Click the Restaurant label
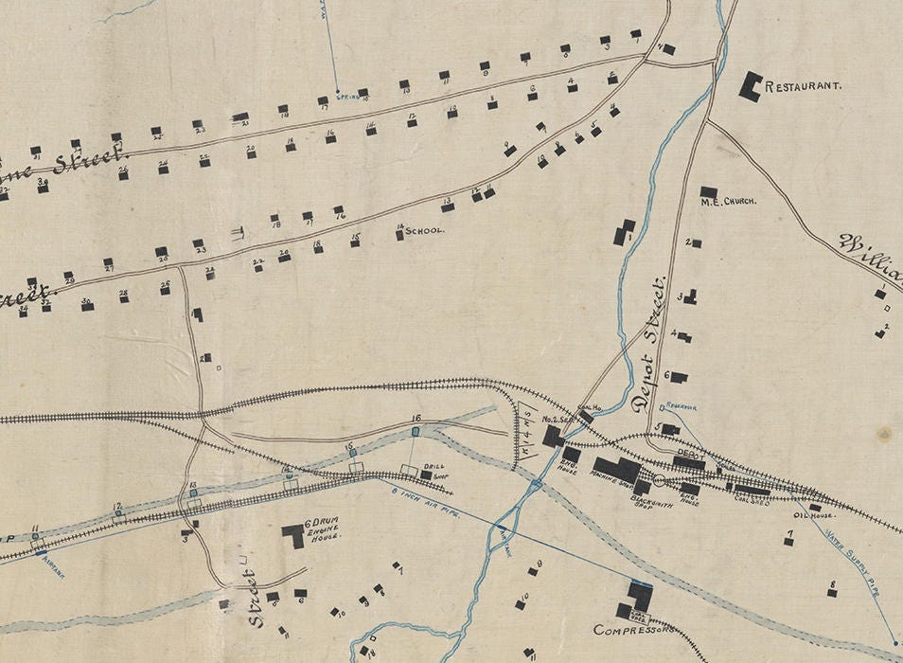[x=803, y=86]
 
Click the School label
[x=424, y=230]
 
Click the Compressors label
[x=625, y=630]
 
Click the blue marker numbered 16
[x=416, y=432]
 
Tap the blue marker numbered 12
[x=118, y=516]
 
